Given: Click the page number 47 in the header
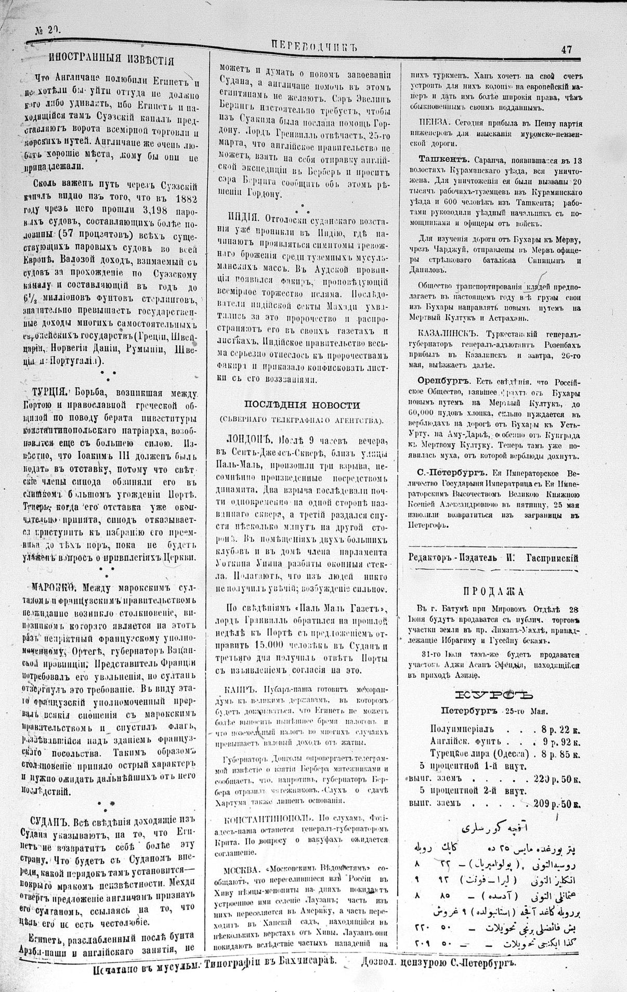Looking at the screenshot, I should click(566, 50).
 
